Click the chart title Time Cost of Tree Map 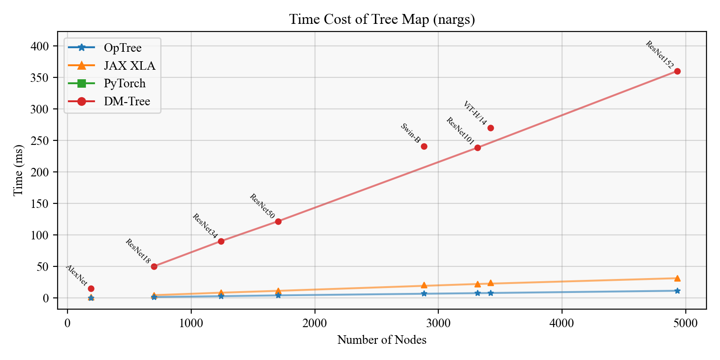[x=382, y=20]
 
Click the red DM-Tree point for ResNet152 [x=677, y=71]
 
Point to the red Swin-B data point [x=424, y=146]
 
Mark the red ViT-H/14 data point [x=490, y=128]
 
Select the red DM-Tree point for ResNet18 [x=154, y=266]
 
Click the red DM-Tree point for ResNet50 [x=278, y=221]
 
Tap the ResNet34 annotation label [x=205, y=226]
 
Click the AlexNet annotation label [x=77, y=275]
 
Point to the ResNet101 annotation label [x=460, y=131]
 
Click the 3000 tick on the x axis [x=438, y=324]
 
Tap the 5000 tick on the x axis [x=685, y=324]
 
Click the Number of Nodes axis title [x=382, y=340]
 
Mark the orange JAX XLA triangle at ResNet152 [x=677, y=278]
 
